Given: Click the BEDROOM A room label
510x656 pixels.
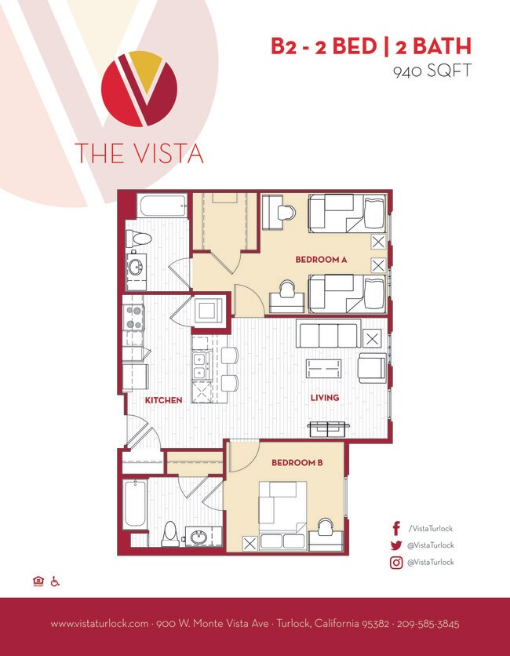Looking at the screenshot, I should click(320, 260).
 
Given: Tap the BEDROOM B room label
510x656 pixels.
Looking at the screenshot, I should click(297, 463).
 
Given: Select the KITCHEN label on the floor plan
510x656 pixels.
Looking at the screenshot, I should click(163, 400).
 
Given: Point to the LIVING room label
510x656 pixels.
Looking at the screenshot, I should click(324, 398).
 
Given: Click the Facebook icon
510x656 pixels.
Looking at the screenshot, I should click(396, 528).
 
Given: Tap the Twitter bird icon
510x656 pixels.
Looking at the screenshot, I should click(396, 545).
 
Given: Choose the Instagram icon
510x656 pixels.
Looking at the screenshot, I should click(396, 563).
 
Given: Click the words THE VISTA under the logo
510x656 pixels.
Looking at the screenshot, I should click(139, 152).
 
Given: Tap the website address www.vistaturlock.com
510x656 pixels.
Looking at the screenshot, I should click(100, 625).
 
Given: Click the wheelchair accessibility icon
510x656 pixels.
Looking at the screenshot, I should click(56, 581).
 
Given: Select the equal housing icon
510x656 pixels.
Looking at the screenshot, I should click(38, 581).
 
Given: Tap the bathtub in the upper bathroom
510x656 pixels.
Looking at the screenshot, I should click(163, 207).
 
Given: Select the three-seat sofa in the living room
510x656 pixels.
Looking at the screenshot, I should click(327, 334).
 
